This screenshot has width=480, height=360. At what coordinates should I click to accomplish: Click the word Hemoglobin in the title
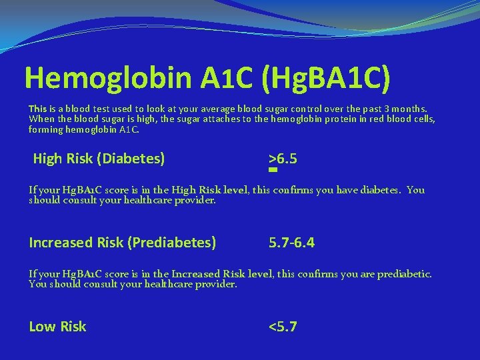107,78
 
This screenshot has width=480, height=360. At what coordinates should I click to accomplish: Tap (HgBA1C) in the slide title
326,78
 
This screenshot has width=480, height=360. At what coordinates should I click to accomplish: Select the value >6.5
283,159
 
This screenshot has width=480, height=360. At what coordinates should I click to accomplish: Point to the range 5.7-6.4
291,243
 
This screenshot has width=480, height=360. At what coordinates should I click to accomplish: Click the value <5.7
283,327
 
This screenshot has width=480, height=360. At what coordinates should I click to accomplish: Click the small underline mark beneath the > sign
273,169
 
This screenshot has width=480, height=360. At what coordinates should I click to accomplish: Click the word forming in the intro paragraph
46,129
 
